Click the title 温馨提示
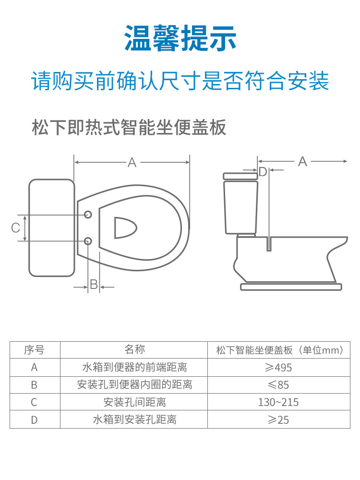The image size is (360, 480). click(x=180, y=38)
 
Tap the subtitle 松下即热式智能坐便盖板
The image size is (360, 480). click(x=129, y=127)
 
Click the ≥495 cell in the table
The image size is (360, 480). click(x=278, y=367)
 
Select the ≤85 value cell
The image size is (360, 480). click(x=278, y=385)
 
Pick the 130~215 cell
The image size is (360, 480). click(x=278, y=402)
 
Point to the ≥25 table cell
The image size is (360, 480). click(x=278, y=420)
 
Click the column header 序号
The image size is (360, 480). click(x=34, y=350)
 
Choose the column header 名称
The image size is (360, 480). click(x=134, y=349)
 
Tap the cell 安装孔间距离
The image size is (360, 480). click(x=134, y=402)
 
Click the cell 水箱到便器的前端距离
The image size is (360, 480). click(x=134, y=367)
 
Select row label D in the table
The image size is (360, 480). click(x=34, y=420)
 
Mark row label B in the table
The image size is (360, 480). click(x=34, y=385)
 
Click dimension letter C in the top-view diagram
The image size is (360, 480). click(x=16, y=228)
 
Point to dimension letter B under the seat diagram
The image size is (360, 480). click(x=94, y=284)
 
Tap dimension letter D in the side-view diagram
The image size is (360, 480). click(x=263, y=172)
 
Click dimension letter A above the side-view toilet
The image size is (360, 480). click(x=302, y=161)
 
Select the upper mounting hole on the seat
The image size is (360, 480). click(x=88, y=215)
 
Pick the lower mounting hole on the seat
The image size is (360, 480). click(x=88, y=241)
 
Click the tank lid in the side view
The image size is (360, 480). click(x=240, y=176)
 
